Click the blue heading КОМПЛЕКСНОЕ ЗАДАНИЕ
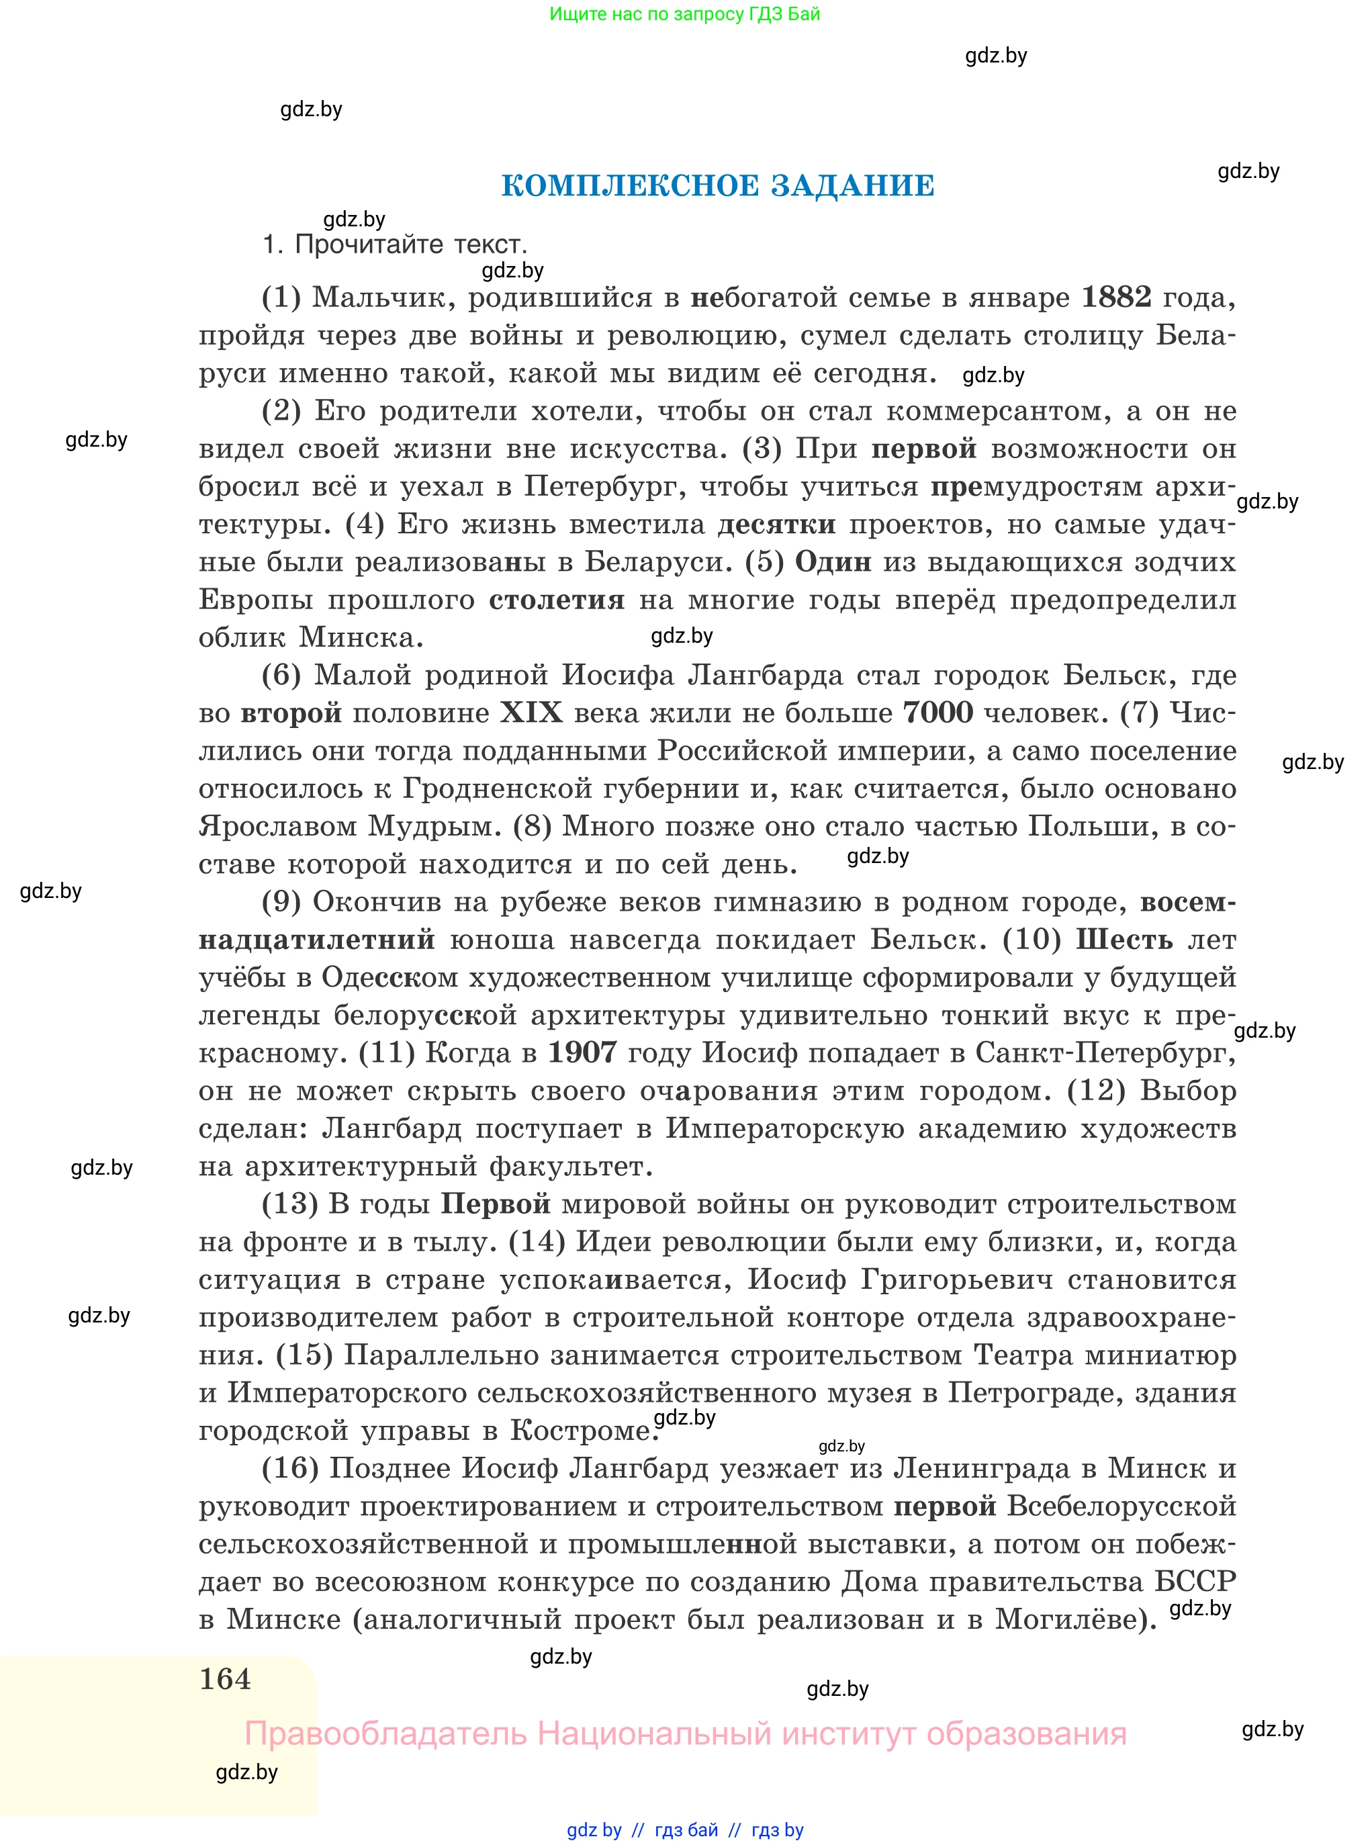pyautogui.click(x=717, y=185)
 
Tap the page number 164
pyautogui.click(x=225, y=1678)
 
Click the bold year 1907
pyautogui.click(x=582, y=1053)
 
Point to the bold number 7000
pyautogui.click(x=937, y=713)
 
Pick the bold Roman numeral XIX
pyautogui.click(x=531, y=713)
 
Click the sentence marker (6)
pyautogui.click(x=281, y=675)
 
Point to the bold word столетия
pyautogui.click(x=557, y=600)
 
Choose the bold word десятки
pyautogui.click(x=776, y=524)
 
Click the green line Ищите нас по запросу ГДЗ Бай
pyautogui.click(x=684, y=14)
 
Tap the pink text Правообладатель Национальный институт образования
pyautogui.click(x=685, y=1733)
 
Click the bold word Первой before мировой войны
pyautogui.click(x=495, y=1204)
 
